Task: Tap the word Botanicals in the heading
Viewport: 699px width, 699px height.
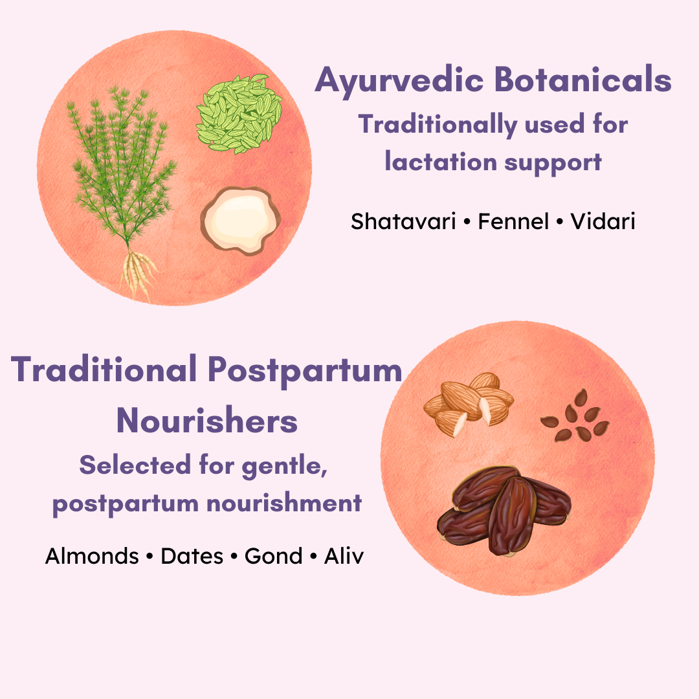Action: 582,81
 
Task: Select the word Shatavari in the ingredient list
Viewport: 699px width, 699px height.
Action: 403,221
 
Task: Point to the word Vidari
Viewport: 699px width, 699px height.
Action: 603,221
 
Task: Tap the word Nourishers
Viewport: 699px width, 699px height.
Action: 207,421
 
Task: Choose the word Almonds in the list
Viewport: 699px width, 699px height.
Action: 92,555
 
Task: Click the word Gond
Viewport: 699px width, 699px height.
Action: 273,555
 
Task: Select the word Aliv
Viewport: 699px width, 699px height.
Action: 344,555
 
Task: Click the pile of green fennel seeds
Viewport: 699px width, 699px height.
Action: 239,114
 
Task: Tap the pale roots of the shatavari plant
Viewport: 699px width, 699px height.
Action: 139,272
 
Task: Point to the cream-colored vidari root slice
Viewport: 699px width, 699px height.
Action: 239,220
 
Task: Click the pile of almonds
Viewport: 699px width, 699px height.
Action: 467,403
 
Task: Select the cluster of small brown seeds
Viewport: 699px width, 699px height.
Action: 574,416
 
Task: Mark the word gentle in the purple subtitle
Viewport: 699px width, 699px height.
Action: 284,465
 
